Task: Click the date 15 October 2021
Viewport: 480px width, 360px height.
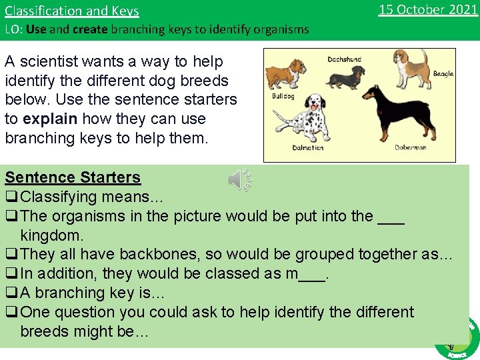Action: pos(427,9)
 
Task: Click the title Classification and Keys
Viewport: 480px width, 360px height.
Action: pos(72,11)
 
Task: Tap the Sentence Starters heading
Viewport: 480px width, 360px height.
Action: pos(73,177)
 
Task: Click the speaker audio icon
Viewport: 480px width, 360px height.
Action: pos(239,179)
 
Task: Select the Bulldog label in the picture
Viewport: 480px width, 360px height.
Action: pos(283,96)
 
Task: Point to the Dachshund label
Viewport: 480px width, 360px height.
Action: pos(344,59)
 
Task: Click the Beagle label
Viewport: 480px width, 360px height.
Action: pos(443,73)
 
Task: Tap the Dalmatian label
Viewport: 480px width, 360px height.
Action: pos(307,147)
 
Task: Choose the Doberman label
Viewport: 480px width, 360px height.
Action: pos(410,147)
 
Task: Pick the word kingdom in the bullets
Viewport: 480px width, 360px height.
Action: pos(52,235)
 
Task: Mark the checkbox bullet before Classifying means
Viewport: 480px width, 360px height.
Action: pos(11,197)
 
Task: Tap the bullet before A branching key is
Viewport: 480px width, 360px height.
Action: pos(11,293)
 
